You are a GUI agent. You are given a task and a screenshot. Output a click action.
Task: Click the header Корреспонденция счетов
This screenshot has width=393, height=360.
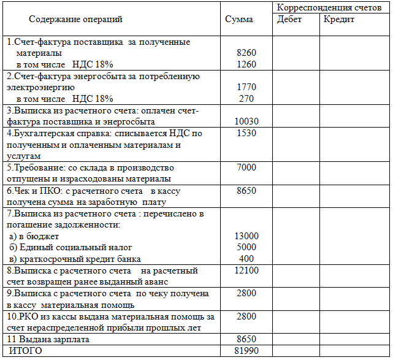pos(330,7)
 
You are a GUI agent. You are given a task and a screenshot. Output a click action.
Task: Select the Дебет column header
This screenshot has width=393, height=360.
pos(289,20)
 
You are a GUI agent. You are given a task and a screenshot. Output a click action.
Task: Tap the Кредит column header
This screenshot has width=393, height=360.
pos(340,20)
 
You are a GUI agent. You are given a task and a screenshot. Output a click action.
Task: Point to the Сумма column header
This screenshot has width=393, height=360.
pos(239,20)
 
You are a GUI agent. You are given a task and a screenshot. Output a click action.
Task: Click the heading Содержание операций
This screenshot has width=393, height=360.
pos(75,20)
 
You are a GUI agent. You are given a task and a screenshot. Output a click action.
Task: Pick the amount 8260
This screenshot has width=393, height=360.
pos(246,53)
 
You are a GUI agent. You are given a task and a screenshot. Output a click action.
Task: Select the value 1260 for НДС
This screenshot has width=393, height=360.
pos(246,64)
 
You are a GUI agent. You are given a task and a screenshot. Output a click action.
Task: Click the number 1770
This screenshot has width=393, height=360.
pos(246,88)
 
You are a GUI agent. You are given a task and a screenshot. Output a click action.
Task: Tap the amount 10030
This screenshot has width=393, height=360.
pos(246,121)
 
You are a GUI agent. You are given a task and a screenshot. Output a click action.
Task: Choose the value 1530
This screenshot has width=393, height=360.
pos(246,133)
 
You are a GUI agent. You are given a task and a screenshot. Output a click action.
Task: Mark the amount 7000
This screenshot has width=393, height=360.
pos(246,167)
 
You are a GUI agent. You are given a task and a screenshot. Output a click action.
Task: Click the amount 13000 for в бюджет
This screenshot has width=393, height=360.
pos(246,236)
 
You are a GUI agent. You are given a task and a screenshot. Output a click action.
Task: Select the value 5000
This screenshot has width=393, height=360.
pos(246,247)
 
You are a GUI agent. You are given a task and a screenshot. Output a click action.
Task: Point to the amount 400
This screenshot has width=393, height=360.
pos(246,259)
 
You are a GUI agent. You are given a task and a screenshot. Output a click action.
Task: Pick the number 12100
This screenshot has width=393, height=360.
pos(246,270)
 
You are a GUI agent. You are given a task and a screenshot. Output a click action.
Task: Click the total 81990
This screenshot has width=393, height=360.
pos(246,351)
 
